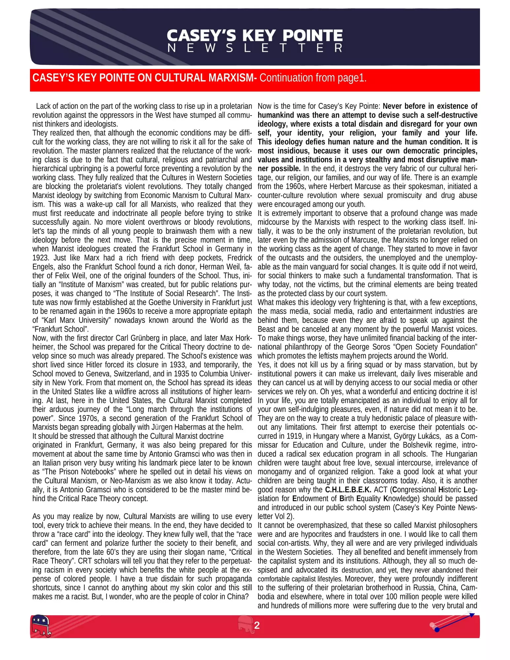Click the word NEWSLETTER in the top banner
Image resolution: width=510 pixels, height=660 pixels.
click(255, 48)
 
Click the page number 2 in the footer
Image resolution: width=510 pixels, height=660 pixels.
click(257, 625)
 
